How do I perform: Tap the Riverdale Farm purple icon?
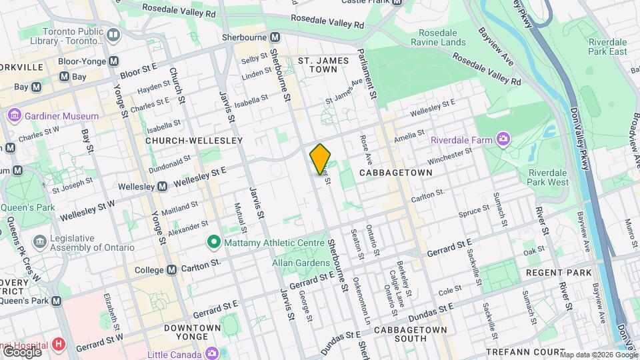point(503,140)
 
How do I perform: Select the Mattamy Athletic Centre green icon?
point(213,241)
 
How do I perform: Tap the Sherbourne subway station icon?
point(273,37)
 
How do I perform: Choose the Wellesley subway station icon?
point(162,187)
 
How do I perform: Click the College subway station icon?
point(172,269)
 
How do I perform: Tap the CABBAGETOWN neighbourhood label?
point(395,173)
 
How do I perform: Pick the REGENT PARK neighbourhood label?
point(558,273)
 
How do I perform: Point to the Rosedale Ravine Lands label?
point(442,37)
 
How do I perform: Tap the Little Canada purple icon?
point(212,353)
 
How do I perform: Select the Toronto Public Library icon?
point(113,34)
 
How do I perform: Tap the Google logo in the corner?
point(21,351)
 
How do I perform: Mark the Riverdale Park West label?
point(547,177)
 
